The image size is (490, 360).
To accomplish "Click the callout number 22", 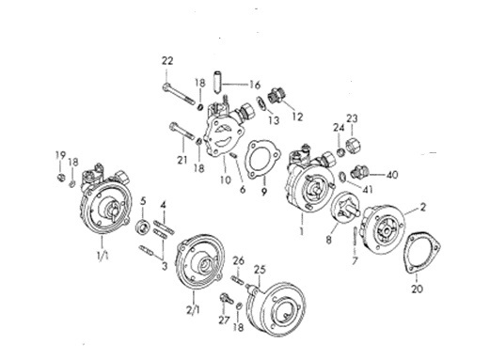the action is pos(167,61).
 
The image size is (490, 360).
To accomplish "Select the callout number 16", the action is pos(255,85).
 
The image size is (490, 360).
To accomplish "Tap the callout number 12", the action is pos(297,117).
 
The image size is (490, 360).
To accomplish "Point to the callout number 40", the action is pos(391,175).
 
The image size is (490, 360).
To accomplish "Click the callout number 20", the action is pos(417,289).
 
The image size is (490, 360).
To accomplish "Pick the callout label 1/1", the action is pos(103,257).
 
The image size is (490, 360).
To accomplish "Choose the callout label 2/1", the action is pos(193,310).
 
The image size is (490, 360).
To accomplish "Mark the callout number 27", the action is pos(224,321).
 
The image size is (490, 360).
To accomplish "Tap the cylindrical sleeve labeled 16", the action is pos(218,81).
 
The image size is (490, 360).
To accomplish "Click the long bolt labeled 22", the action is pos(179,94).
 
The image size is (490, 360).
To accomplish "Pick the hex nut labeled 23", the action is pos(354,145).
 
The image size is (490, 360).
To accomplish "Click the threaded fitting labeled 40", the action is pos(359,171).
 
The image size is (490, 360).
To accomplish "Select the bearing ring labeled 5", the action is pos(143,227).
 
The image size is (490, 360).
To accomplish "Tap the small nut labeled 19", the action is pos(60,178).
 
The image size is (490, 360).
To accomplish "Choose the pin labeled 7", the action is pos(355,236).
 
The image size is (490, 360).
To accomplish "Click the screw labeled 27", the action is pos(227,298).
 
